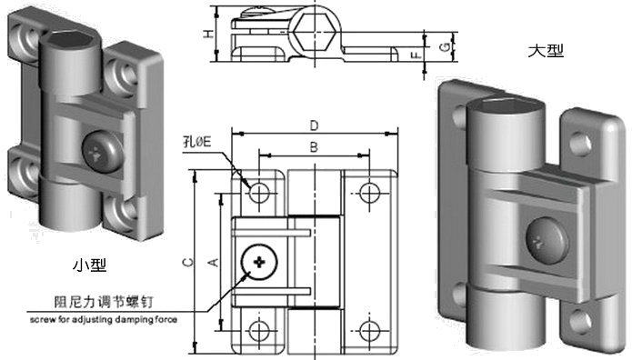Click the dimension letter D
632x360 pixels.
[314, 125]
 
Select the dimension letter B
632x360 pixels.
[314, 147]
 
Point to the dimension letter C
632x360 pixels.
[188, 263]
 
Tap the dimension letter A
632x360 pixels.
[214, 262]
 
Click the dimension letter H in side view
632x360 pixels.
[208, 34]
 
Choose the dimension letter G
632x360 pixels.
[445, 47]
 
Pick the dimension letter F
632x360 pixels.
[416, 54]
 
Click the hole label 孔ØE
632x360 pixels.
[197, 142]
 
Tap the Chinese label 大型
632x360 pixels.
[546, 51]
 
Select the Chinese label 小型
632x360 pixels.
[89, 265]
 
